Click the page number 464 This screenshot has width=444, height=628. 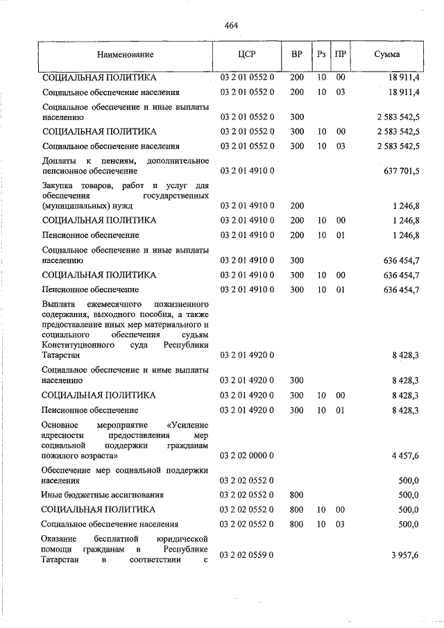231,26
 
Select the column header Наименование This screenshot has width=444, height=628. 125,54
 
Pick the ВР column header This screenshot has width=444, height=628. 297,54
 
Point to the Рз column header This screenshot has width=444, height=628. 321,54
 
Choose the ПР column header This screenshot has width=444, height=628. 341,54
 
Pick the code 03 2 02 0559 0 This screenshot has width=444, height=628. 248,554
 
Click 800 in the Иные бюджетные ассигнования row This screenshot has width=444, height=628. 297,495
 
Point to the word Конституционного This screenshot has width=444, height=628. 76,345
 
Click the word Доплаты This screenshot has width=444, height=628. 58,161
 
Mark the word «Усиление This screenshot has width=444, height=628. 188,424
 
